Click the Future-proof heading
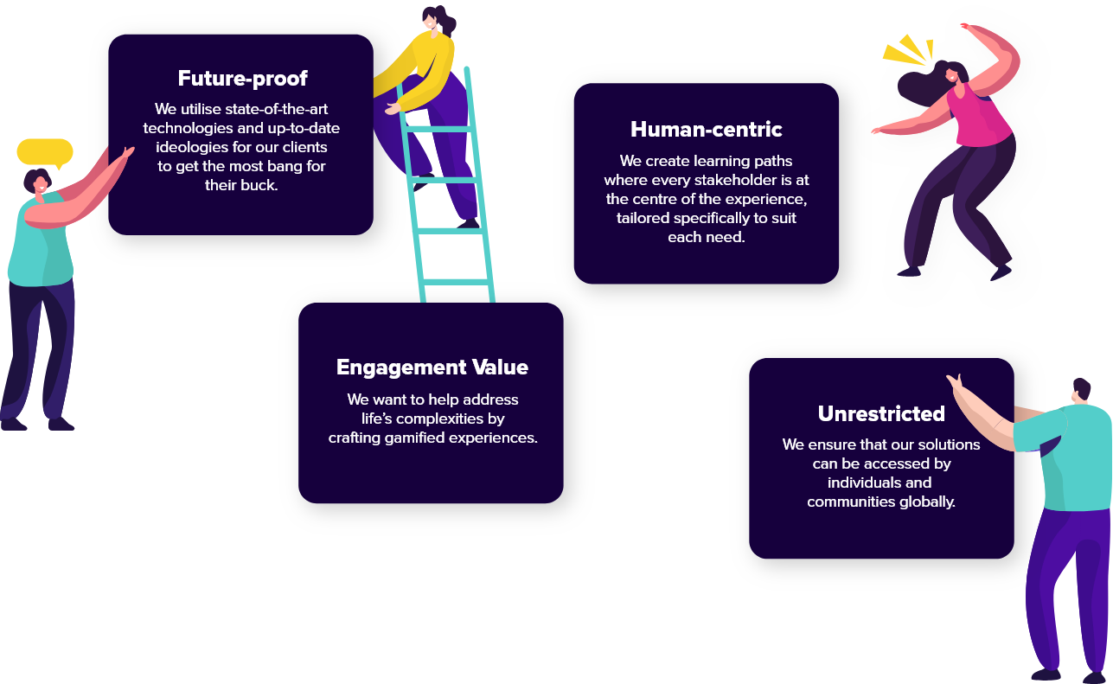[242, 79]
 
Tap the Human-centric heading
[706, 129]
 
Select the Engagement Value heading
[432, 368]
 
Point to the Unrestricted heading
[881, 414]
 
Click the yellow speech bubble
[45, 152]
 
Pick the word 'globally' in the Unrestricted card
[927, 502]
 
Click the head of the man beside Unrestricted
[1081, 391]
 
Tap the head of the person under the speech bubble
[38, 182]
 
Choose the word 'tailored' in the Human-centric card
[643, 218]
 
